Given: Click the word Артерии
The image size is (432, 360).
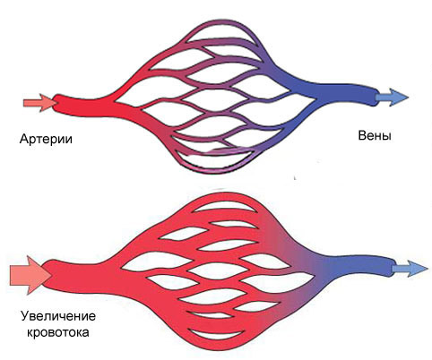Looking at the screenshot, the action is tap(46, 139).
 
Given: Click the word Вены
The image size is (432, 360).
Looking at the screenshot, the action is tap(375, 136).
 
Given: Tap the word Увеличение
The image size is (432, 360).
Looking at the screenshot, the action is tap(58, 316).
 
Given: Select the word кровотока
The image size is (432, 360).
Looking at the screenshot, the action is tap(58, 332).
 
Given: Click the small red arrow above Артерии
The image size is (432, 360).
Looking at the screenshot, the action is tap(40, 103).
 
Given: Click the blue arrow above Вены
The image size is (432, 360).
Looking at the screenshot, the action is tap(392, 97).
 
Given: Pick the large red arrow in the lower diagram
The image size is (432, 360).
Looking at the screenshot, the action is tap(30, 275).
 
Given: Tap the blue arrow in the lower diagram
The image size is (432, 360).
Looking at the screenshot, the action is tap(410, 269).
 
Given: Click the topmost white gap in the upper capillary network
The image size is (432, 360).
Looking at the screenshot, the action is tap(220, 34).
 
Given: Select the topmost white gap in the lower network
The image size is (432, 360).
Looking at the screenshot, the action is tap(225, 206).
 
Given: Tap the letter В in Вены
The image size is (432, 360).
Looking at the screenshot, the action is tap(362, 136).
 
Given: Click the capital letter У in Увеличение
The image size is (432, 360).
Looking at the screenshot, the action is tap(25, 316).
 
